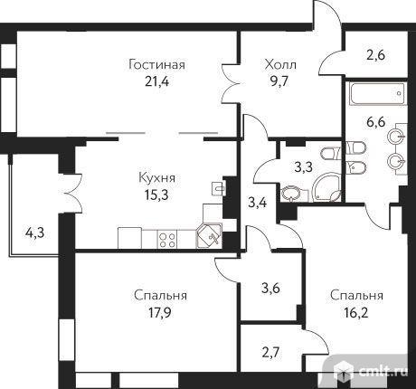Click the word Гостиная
(x=156, y=65)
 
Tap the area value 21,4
(x=156, y=81)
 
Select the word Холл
(x=280, y=65)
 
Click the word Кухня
(x=156, y=178)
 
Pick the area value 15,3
(x=156, y=194)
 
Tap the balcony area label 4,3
(x=34, y=232)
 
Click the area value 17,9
(x=159, y=312)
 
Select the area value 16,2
(x=356, y=312)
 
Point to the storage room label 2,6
(x=376, y=55)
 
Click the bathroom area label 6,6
(x=376, y=122)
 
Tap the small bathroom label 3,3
(x=304, y=166)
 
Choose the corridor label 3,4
(x=257, y=203)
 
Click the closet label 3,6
(x=270, y=289)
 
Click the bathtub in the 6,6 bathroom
(x=378, y=93)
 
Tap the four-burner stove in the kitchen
(x=167, y=240)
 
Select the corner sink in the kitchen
(x=209, y=236)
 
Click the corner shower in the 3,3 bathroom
(x=327, y=187)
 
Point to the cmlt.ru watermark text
(x=383, y=371)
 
